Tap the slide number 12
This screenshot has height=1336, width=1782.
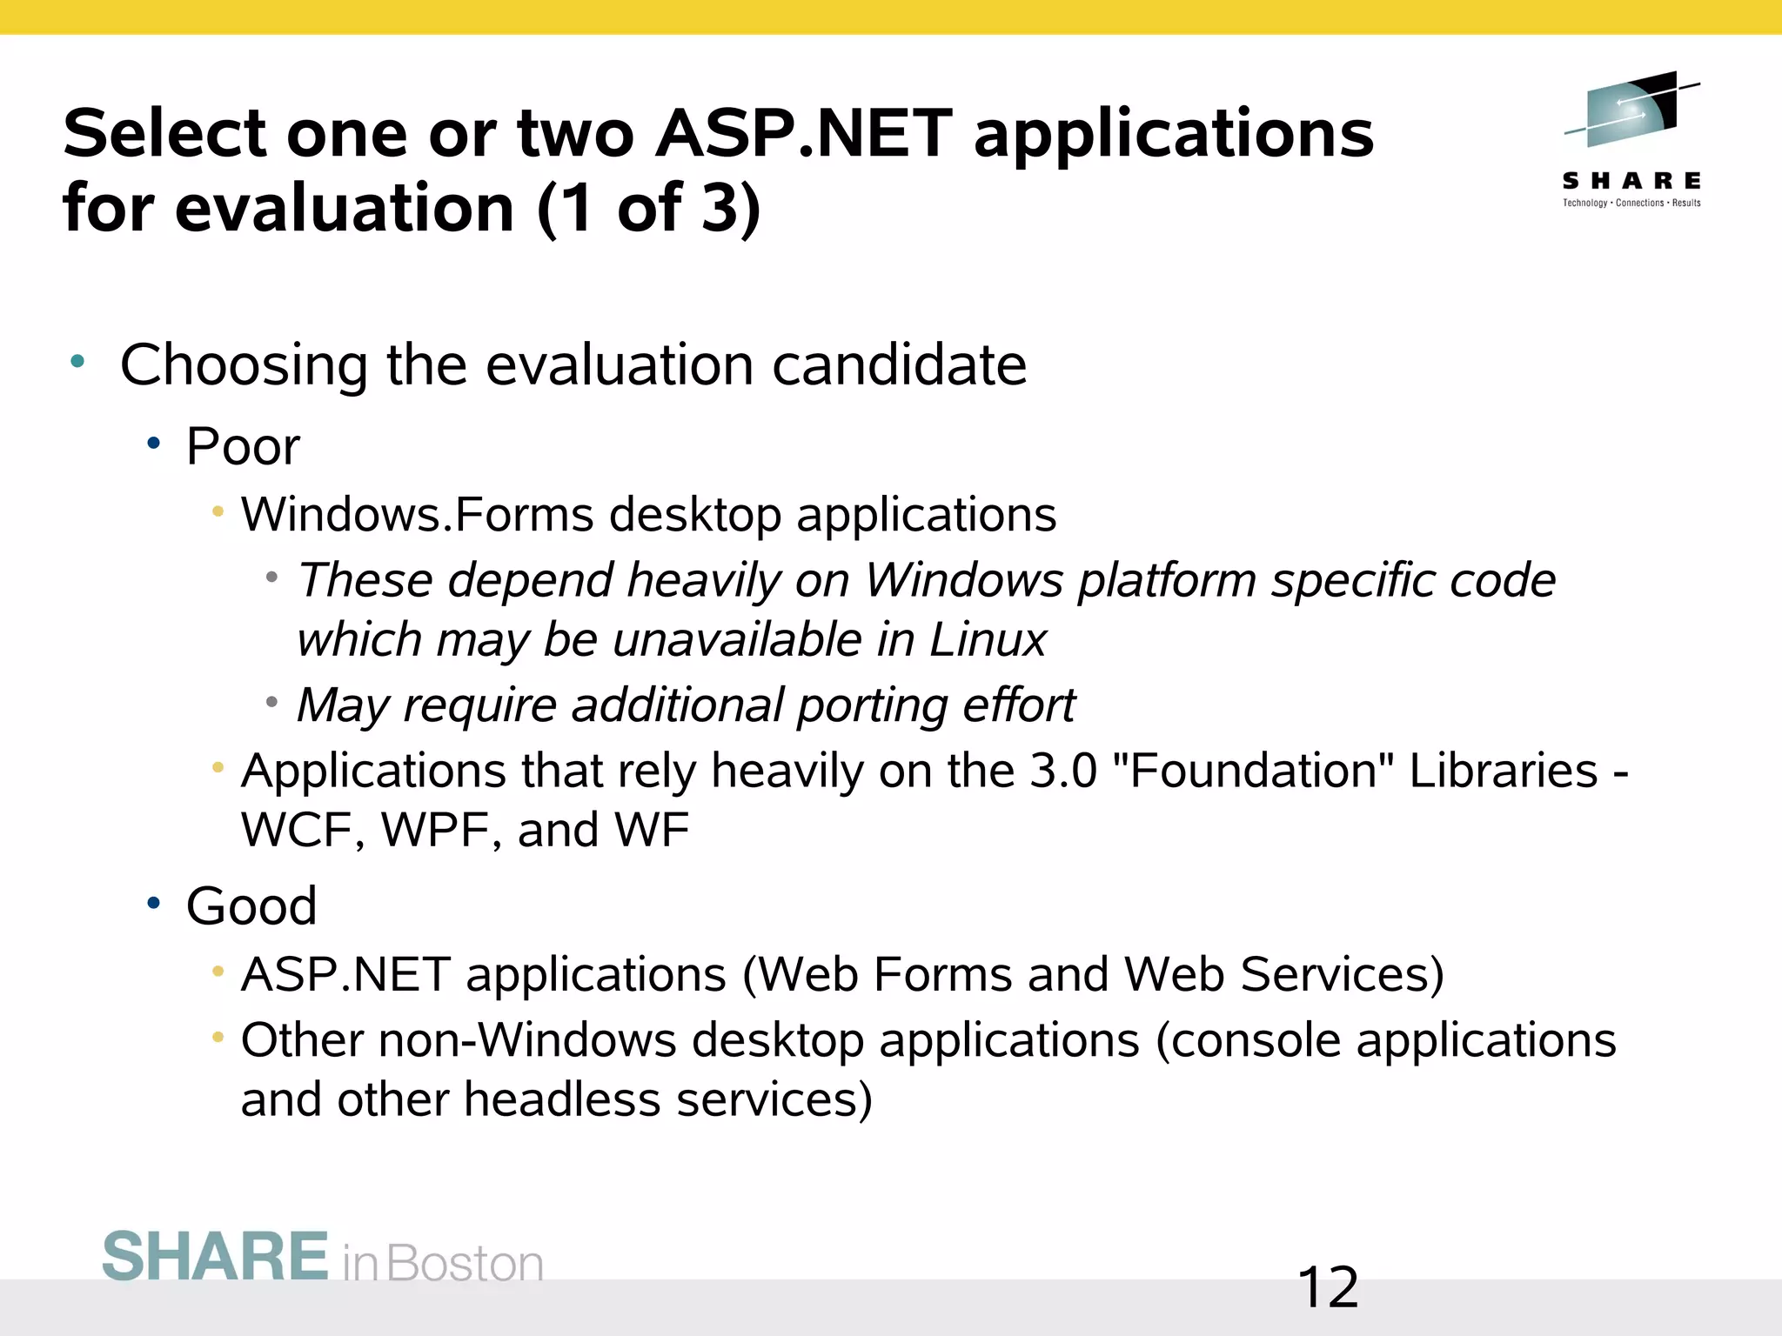[x=1327, y=1288]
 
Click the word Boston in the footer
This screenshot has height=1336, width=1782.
[x=465, y=1264]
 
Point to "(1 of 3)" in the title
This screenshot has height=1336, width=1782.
[x=648, y=209]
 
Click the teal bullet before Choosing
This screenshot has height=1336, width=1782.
[x=78, y=361]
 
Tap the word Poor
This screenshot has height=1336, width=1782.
[x=243, y=447]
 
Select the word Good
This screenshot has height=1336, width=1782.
[x=251, y=906]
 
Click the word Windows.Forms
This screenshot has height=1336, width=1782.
[x=417, y=514]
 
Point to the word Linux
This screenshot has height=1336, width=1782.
[x=988, y=640]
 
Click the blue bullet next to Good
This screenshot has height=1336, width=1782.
[x=154, y=904]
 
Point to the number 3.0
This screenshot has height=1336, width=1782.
[x=1062, y=771]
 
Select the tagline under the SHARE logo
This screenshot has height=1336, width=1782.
[x=1631, y=204]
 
